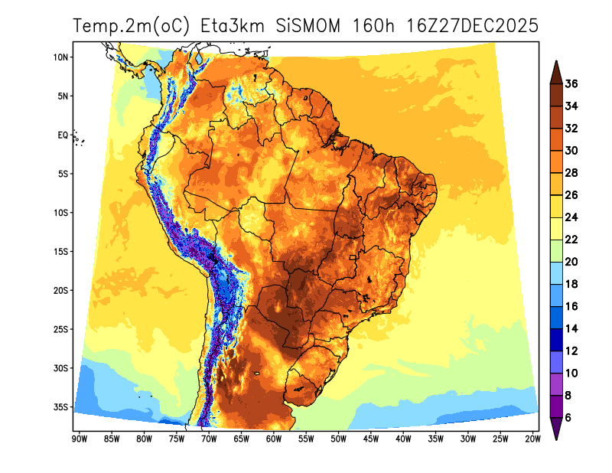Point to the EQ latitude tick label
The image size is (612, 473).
63,135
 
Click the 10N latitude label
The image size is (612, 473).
61,57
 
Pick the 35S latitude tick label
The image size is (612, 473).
61,406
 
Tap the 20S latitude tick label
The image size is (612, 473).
61,290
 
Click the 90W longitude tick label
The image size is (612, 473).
78,439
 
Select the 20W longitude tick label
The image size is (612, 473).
533,439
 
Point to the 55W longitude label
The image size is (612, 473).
305,439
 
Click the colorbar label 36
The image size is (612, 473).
571,84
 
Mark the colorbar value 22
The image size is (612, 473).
571,240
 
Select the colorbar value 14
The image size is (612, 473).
571,328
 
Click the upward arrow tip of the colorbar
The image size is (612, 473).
556,62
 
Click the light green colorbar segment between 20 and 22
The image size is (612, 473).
556,250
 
